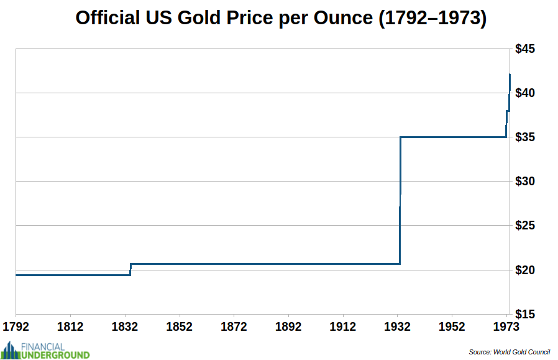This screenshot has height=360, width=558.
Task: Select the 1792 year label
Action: tap(16, 326)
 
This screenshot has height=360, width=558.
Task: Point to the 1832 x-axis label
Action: tap(125, 326)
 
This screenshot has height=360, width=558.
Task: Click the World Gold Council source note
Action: tap(509, 352)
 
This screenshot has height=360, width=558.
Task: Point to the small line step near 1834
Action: tap(130, 269)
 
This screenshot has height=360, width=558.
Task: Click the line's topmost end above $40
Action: tap(510, 75)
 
